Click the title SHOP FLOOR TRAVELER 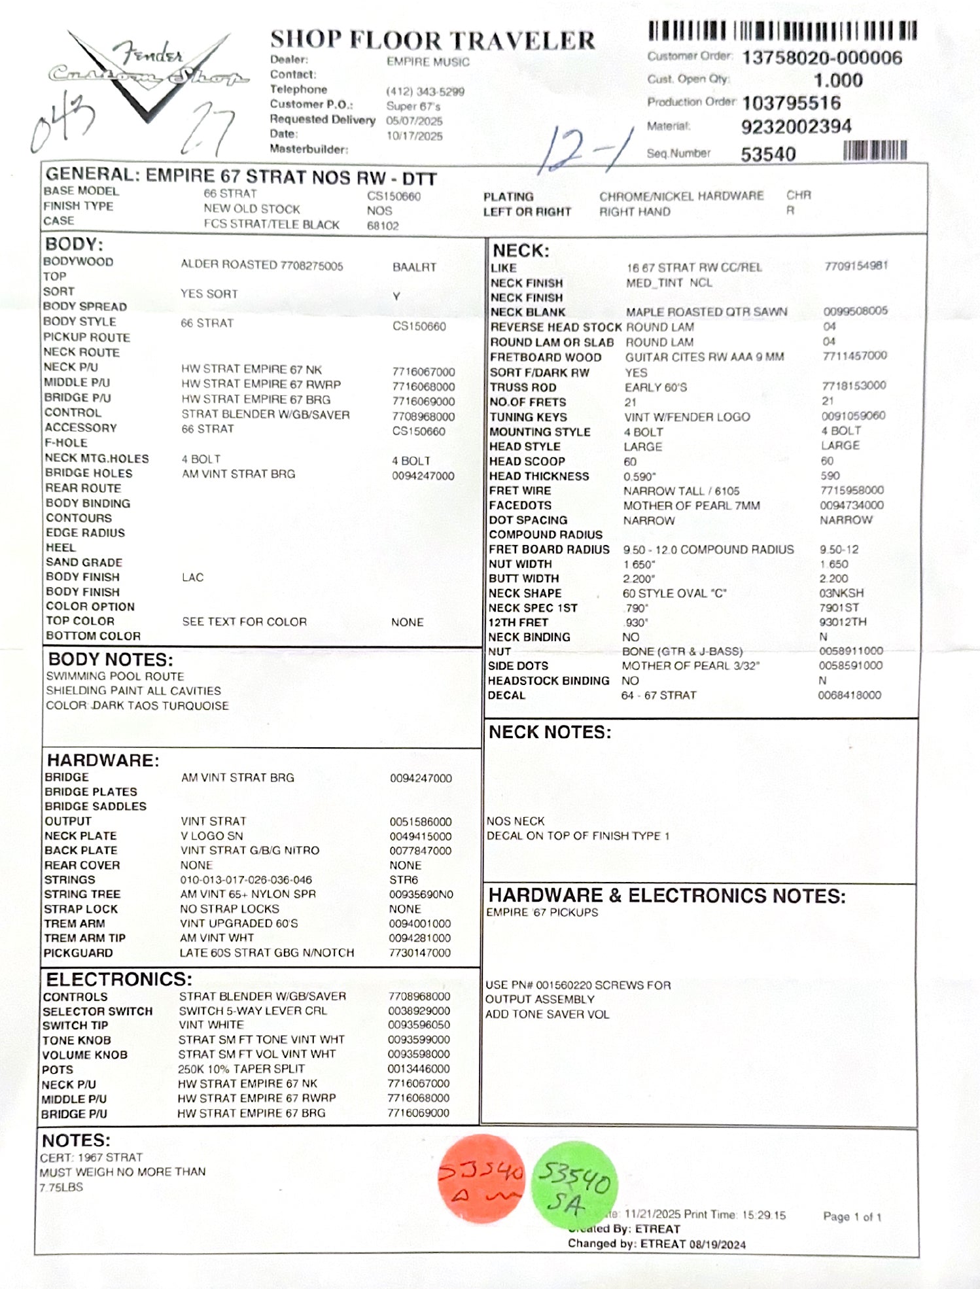pos(432,40)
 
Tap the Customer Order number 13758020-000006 pos(822,58)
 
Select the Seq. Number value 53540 pos(768,154)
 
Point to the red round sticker pos(481,1178)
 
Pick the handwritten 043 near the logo pos(63,122)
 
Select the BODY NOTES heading pos(111,659)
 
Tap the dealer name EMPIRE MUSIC pos(428,62)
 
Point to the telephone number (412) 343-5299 pos(425,92)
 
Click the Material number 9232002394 pos(796,126)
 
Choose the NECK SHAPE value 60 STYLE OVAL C pos(674,593)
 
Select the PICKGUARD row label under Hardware pos(78,953)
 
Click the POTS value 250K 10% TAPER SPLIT pos(241,1068)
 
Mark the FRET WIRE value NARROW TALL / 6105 pos(681,491)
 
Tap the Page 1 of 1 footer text pos(852,1216)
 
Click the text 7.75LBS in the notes pos(61,1187)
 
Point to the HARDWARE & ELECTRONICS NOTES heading pos(667,895)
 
